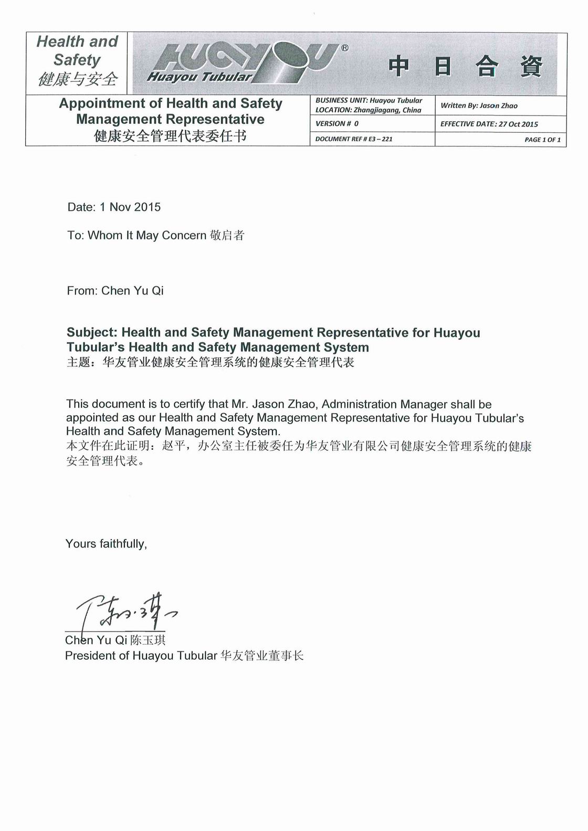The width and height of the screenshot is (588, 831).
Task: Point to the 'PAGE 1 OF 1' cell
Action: [x=542, y=140]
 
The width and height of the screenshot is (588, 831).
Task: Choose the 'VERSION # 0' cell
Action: [x=337, y=124]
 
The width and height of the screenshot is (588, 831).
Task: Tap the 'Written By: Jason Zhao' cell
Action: [x=479, y=106]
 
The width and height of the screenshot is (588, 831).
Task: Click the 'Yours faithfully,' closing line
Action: [x=106, y=544]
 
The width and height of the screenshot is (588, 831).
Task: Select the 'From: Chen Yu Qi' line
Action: [x=115, y=291]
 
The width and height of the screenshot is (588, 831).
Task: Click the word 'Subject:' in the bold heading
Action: [x=92, y=333]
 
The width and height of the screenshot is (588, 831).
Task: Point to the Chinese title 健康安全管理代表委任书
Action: [x=170, y=136]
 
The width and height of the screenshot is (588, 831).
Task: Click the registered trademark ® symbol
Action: [x=344, y=48]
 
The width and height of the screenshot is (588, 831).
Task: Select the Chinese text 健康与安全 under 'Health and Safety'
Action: [x=78, y=79]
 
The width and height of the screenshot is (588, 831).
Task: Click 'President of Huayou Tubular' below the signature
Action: [x=141, y=656]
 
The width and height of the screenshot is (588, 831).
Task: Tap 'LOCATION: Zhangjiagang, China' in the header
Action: [x=368, y=110]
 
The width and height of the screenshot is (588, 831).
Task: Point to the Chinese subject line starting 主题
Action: [x=210, y=362]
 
